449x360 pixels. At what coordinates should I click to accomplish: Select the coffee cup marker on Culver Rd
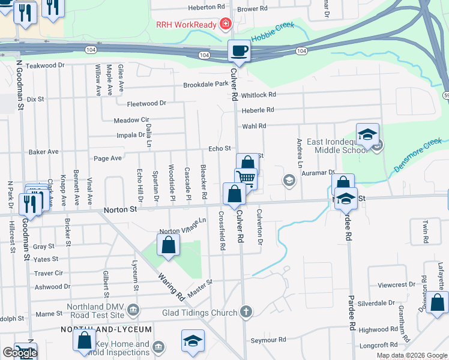click(x=239, y=50)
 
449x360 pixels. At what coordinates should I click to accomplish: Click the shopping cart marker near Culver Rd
click(x=246, y=178)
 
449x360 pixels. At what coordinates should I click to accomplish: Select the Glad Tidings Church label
click(x=200, y=313)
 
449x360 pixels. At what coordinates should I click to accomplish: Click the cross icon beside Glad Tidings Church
click(x=245, y=312)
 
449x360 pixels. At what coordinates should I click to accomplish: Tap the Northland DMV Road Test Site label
click(x=92, y=310)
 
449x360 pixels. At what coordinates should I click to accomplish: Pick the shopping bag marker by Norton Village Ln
click(x=169, y=245)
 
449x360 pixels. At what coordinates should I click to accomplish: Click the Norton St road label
click(x=120, y=210)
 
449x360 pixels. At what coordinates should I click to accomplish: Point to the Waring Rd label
click(x=170, y=287)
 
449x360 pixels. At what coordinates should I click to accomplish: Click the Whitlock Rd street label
click(x=259, y=95)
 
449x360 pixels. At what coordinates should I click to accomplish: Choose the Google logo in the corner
click(x=20, y=353)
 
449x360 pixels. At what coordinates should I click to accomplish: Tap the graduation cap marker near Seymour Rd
click(x=192, y=341)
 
